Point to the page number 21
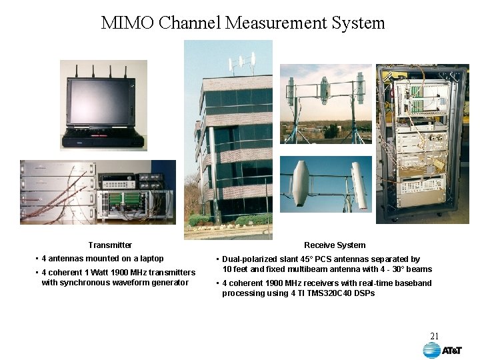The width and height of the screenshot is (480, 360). (x=434, y=336)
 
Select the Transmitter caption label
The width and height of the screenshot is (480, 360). (x=110, y=245)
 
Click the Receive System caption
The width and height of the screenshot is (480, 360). (x=335, y=245)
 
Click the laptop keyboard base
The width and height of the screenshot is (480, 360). (x=103, y=139)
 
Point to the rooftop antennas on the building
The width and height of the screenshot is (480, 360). (x=242, y=64)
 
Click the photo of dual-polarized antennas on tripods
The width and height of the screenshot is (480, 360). (x=325, y=104)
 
